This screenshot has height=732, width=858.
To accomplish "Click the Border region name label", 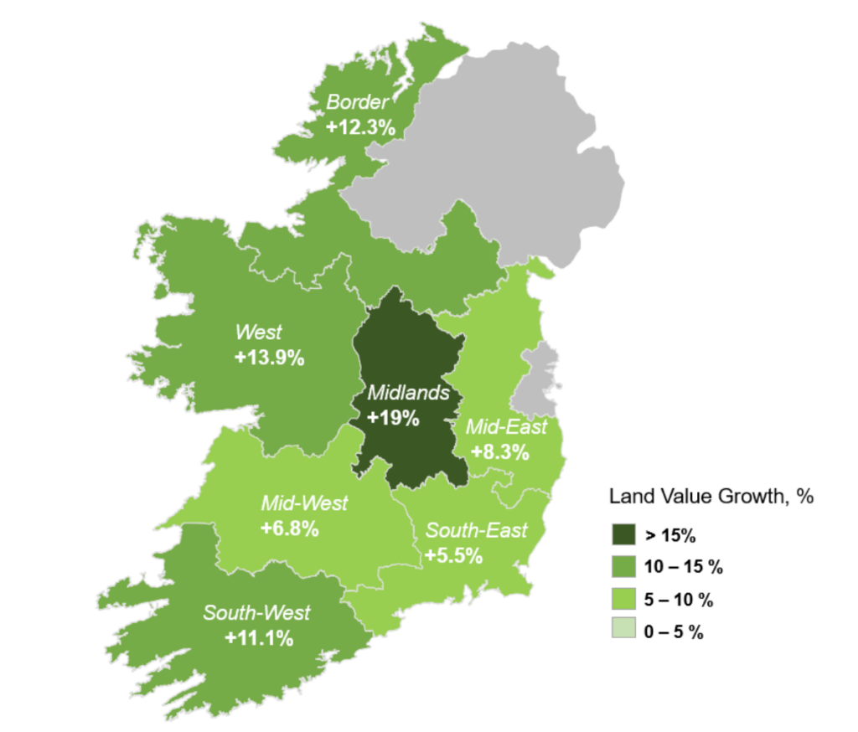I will tap(358, 103).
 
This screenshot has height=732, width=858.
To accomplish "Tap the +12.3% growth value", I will tap(360, 127).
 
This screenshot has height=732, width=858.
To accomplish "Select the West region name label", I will tap(259, 332).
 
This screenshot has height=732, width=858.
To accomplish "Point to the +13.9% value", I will tap(269, 358).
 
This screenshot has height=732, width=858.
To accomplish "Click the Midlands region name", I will tap(409, 393).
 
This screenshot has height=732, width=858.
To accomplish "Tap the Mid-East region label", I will tap(506, 427).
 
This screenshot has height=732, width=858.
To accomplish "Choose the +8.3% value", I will tap(500, 452).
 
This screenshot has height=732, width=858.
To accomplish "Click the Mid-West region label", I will tap(304, 503).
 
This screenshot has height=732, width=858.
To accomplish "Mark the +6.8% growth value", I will tap(290, 529).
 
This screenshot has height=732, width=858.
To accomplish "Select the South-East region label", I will tap(477, 530).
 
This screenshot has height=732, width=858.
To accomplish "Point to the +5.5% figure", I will tap(453, 555).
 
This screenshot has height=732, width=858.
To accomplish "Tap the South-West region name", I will tap(256, 612).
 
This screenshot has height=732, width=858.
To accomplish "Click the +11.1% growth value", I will tap(259, 638).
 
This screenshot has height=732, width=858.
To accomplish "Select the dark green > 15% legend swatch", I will tap(623, 534).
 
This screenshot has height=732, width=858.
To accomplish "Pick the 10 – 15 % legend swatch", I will tap(623, 566).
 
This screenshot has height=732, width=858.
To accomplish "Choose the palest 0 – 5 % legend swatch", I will tap(623, 632).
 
